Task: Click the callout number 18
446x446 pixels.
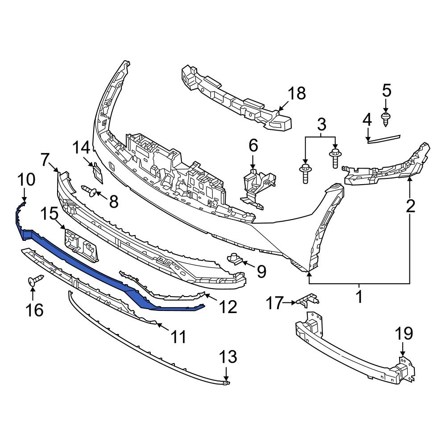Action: [297, 94]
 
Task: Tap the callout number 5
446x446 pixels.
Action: [386, 91]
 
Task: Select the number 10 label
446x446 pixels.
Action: [26, 180]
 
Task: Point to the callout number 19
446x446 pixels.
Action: [404, 334]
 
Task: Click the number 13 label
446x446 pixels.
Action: [227, 357]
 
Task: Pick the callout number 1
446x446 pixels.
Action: [359, 296]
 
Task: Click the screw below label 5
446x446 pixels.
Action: [385, 118]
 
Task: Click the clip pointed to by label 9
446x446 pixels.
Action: [235, 258]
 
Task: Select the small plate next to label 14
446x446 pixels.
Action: [97, 172]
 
